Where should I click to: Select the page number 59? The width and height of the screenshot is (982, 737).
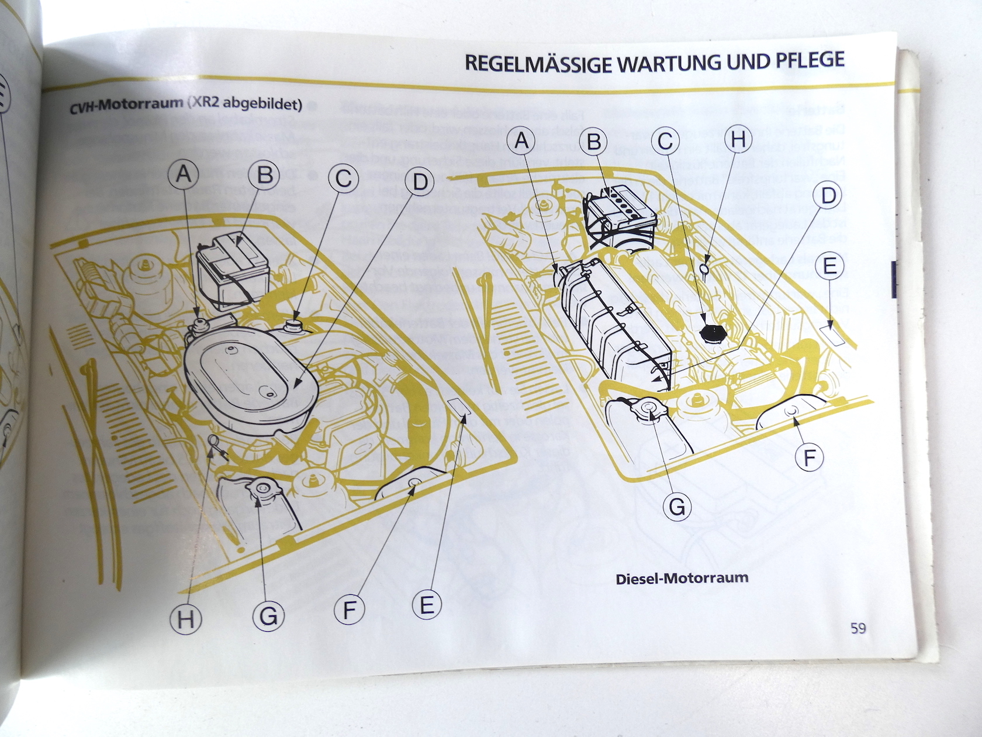coord(858,628)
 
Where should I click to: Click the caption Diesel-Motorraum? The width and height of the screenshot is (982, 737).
coord(682,578)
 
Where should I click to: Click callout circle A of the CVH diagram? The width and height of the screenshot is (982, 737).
coord(184,174)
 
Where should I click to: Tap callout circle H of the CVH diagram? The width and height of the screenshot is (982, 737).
coord(186,619)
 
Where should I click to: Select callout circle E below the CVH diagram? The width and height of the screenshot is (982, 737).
coord(427,604)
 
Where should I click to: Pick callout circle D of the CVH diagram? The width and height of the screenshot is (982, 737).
coord(420,182)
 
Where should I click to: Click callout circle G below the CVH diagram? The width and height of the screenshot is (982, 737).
coord(268,615)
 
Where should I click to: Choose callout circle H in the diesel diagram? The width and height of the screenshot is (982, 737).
coord(738,139)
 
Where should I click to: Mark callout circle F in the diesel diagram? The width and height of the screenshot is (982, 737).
coord(809,457)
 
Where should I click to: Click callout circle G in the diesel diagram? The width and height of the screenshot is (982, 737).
coord(677,505)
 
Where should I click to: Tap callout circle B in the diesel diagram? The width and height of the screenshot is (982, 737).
coord(594,142)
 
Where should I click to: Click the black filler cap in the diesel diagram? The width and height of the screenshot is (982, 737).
coord(713,334)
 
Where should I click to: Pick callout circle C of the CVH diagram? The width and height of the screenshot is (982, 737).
coord(344,178)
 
